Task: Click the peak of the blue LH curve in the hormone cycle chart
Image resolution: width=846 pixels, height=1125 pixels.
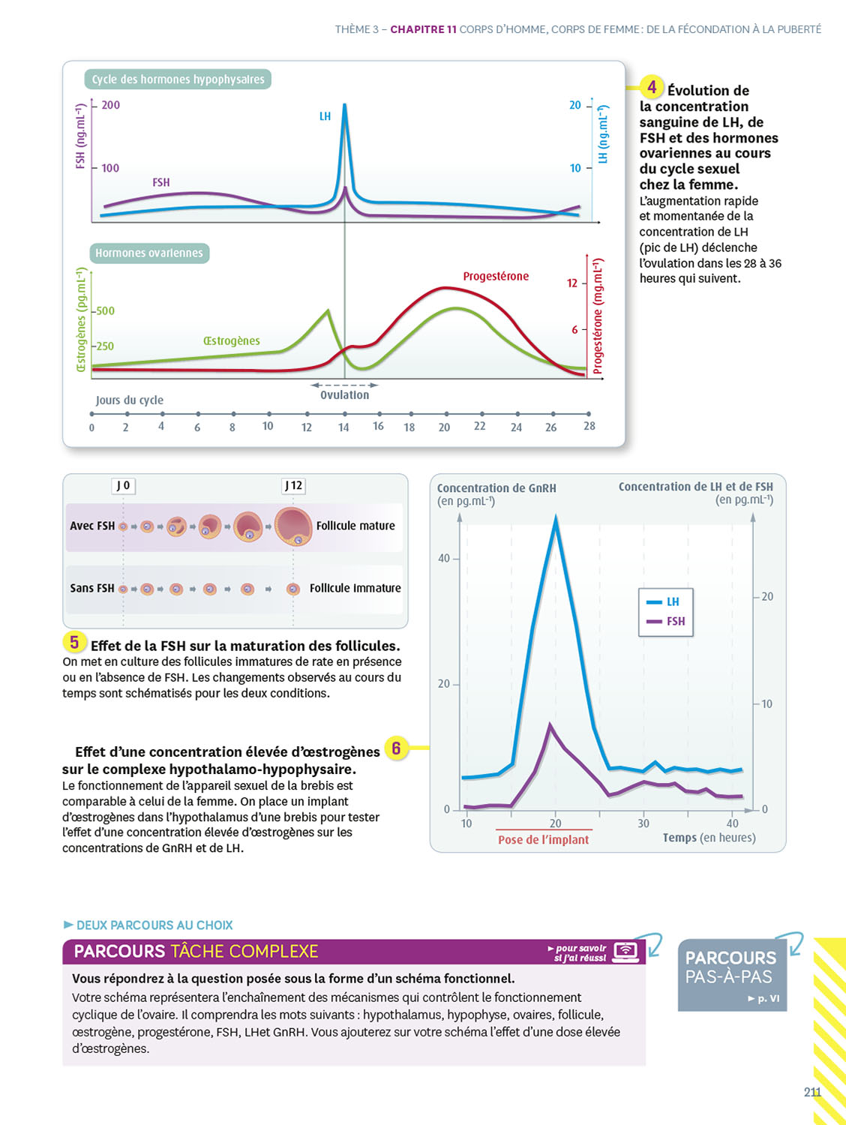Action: click(345, 105)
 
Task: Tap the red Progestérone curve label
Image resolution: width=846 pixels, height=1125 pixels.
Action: click(496, 277)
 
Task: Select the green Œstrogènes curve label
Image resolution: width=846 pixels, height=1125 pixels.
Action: click(231, 341)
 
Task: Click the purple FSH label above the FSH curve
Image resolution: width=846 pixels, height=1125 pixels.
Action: click(161, 182)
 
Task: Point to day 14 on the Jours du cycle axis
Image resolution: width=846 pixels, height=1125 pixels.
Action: click(343, 427)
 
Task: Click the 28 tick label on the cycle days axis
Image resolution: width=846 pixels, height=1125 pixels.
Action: click(589, 426)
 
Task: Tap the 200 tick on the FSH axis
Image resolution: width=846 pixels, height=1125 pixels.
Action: click(110, 105)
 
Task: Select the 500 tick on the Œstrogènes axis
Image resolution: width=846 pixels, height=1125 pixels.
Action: click(105, 310)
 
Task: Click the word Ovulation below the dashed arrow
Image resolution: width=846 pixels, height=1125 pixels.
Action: click(344, 395)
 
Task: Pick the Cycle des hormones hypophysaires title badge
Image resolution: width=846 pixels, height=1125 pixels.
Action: click(178, 79)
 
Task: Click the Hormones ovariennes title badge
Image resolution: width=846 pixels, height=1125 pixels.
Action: click(149, 253)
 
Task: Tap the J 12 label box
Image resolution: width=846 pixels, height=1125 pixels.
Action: click(293, 486)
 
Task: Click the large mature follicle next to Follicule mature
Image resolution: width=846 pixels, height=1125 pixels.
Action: click(293, 526)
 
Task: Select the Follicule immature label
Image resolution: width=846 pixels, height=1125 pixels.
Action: click(355, 589)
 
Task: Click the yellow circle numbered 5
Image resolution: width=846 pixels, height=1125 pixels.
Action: click(74, 642)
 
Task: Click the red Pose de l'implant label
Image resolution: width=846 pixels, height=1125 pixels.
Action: click(543, 840)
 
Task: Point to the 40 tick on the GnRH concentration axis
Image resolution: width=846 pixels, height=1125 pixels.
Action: click(444, 558)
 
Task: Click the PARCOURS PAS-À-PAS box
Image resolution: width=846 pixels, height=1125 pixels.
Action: click(732, 974)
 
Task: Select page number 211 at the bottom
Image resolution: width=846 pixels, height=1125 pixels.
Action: click(812, 1092)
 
